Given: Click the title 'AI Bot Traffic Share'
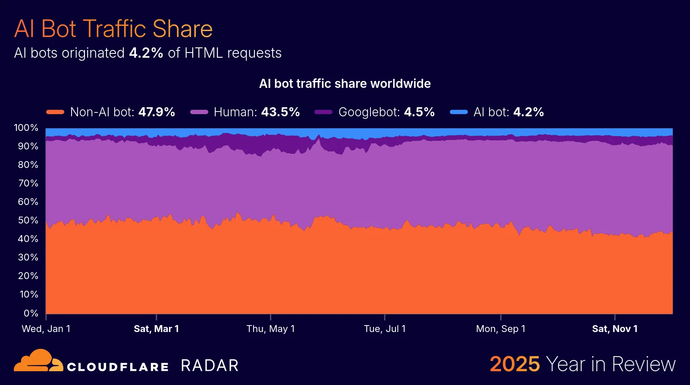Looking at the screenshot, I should click(113, 29).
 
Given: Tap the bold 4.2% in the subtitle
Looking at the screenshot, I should click(146, 53).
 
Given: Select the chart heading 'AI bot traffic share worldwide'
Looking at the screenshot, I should click(345, 84).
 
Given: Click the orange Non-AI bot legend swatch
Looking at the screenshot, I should click(55, 112).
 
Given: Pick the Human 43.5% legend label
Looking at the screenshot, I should click(257, 112).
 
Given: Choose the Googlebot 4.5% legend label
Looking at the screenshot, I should click(386, 112).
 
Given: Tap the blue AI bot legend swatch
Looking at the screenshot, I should click(458, 112).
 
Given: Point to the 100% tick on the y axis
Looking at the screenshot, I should click(26, 127).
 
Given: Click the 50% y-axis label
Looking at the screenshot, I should click(28, 220).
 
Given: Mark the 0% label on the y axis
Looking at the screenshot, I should click(31, 313).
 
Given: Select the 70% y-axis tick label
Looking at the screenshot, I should click(28, 183).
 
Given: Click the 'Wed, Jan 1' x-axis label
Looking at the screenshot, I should click(46, 329).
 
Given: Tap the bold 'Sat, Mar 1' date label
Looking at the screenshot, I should click(156, 329).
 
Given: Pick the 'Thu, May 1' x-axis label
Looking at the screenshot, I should click(270, 329).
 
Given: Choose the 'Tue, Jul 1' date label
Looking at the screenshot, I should click(385, 329).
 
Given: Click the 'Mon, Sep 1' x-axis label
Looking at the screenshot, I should click(501, 329).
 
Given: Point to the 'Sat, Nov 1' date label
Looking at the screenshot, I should click(615, 329).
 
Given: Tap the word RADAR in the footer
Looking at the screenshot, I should click(210, 366).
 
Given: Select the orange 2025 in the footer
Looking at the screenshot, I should click(514, 364).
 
